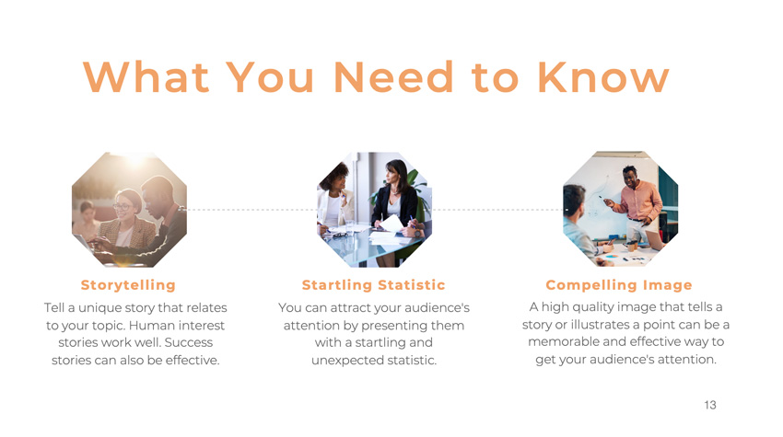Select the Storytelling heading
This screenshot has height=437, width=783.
[x=128, y=285]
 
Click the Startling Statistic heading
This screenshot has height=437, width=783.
[x=373, y=285]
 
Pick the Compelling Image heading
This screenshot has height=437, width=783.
[x=618, y=285]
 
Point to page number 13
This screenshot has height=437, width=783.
[x=709, y=405]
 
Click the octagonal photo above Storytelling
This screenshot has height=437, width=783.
[x=129, y=210]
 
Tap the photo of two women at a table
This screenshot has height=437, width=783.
[x=374, y=210]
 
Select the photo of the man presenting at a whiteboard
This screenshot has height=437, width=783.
[x=620, y=210]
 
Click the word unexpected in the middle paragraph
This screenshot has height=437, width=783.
[x=347, y=360]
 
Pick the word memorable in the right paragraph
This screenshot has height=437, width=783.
[x=564, y=342]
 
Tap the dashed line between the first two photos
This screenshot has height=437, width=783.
[x=251, y=210]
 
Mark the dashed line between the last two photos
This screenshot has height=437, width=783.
[x=497, y=210]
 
